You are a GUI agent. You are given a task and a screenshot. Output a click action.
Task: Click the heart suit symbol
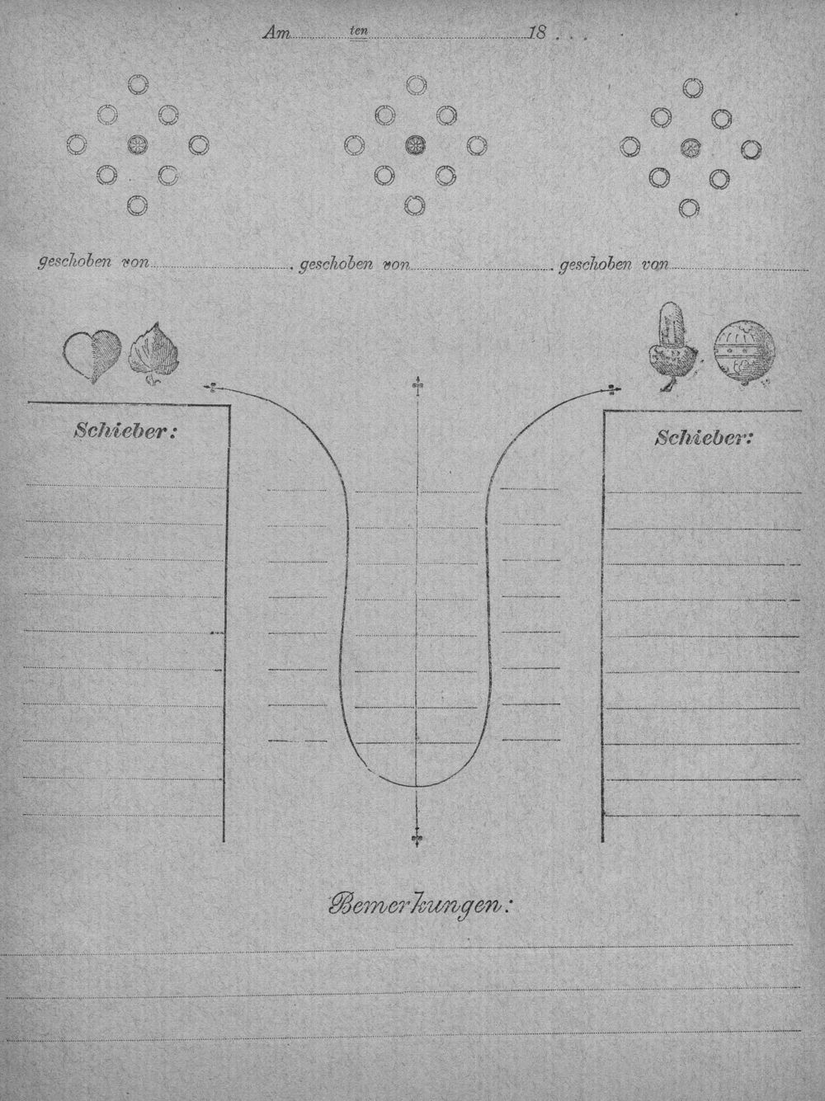[92, 355]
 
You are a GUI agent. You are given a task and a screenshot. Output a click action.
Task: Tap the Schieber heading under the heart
[125, 431]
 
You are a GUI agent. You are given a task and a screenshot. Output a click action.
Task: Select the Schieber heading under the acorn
[704, 439]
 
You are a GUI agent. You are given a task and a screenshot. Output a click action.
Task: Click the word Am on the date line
[276, 33]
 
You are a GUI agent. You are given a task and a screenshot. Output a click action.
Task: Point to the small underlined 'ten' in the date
[359, 31]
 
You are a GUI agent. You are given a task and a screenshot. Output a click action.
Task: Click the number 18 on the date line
[536, 33]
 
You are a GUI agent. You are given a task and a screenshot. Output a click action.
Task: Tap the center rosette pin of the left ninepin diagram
[137, 145]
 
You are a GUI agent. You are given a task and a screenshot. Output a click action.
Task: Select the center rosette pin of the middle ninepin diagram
[415, 145]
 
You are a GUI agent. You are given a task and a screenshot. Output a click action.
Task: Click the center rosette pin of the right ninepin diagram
[691, 148]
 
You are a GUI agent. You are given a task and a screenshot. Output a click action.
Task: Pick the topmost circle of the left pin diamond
[138, 84]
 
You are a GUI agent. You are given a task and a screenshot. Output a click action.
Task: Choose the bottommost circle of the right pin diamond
[689, 208]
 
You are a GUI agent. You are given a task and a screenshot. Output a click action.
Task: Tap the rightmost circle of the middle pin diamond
[477, 145]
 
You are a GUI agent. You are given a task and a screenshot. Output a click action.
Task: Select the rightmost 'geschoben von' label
[614, 265]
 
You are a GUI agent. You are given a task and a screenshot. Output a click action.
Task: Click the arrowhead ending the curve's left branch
[210, 386]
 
